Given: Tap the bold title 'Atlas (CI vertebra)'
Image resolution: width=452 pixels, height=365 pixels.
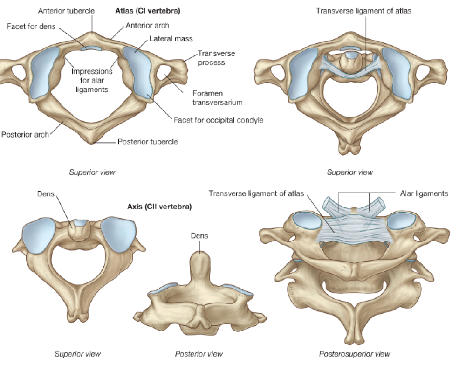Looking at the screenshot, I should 142,10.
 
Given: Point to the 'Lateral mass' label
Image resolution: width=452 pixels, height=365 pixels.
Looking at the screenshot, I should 171,39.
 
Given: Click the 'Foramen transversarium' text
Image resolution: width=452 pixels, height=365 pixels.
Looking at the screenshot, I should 217,97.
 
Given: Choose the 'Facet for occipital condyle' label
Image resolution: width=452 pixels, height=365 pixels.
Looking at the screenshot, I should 219,120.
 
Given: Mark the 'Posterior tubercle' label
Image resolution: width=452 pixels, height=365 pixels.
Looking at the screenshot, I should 148,141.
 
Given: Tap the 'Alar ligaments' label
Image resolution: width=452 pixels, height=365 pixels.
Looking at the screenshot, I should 424,193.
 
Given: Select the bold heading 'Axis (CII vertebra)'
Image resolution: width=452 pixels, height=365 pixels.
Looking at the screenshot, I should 158,206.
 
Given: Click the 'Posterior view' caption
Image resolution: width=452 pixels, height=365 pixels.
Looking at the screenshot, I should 199,354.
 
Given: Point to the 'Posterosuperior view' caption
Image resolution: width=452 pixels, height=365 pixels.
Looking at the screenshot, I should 355,354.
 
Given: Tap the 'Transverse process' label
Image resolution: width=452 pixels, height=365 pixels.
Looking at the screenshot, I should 216,58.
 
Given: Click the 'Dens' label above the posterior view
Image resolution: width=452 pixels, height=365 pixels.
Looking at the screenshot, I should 199,236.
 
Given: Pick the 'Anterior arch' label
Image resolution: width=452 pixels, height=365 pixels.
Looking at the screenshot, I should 147,25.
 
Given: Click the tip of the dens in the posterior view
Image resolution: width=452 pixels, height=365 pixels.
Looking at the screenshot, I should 200,255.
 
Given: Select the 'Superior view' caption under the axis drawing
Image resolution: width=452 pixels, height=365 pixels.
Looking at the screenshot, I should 78,354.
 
